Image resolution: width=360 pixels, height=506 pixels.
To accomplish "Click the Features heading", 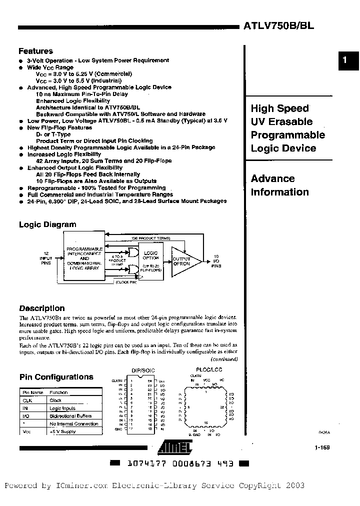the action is click(35, 51).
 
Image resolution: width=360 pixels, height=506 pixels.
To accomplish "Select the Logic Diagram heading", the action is click(47, 224).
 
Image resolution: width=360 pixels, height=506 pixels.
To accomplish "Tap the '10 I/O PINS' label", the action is click(216, 260).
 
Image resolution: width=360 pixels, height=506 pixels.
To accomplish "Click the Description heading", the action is click(41, 308).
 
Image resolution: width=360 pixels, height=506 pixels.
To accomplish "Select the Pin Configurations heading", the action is click(56, 377).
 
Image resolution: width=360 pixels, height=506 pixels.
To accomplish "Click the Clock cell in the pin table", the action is click(55, 400).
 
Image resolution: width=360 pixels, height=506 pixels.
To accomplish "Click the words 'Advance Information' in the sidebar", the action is click(279, 185).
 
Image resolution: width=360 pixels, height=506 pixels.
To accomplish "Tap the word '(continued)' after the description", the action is click(223, 359).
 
